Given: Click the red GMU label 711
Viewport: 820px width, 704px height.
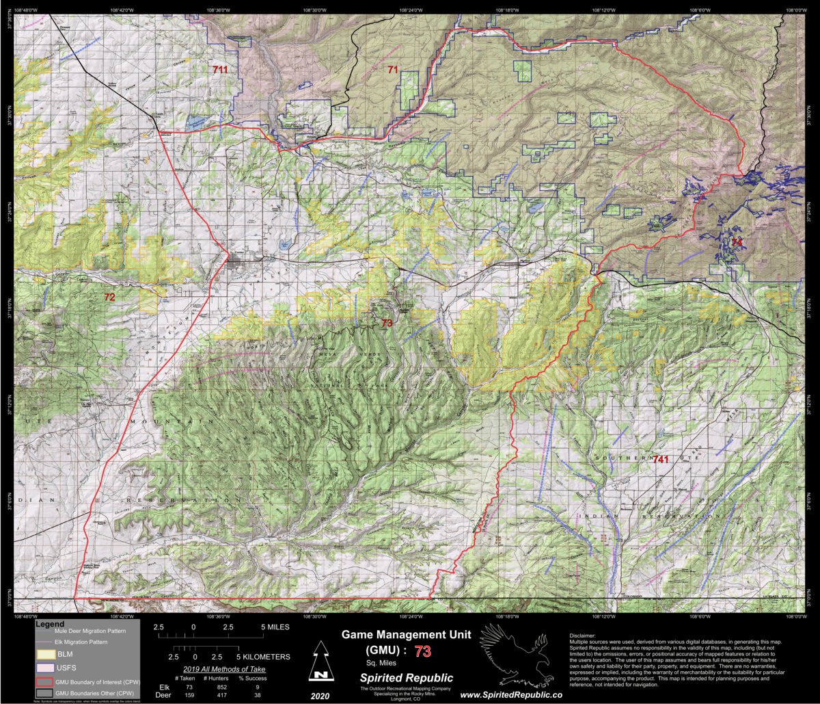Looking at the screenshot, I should coord(220,70).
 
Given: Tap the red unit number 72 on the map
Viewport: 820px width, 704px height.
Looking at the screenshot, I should coord(109,297).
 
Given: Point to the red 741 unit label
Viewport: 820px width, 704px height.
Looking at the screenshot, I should coord(661,459).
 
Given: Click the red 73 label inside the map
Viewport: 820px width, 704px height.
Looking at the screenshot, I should coord(387,323).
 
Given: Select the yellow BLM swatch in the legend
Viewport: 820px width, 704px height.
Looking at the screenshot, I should coord(46,655).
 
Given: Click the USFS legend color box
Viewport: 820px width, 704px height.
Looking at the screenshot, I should coord(46,667).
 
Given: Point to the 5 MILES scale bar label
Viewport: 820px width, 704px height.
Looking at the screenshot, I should coord(275,627).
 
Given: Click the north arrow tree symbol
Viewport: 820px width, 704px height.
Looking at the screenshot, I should coord(318,662).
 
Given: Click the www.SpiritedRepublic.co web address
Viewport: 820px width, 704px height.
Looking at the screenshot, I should coord(510,695).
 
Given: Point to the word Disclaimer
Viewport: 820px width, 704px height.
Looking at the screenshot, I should coord(582,636).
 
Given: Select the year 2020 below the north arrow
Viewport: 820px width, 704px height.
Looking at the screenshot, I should coord(318,694).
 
